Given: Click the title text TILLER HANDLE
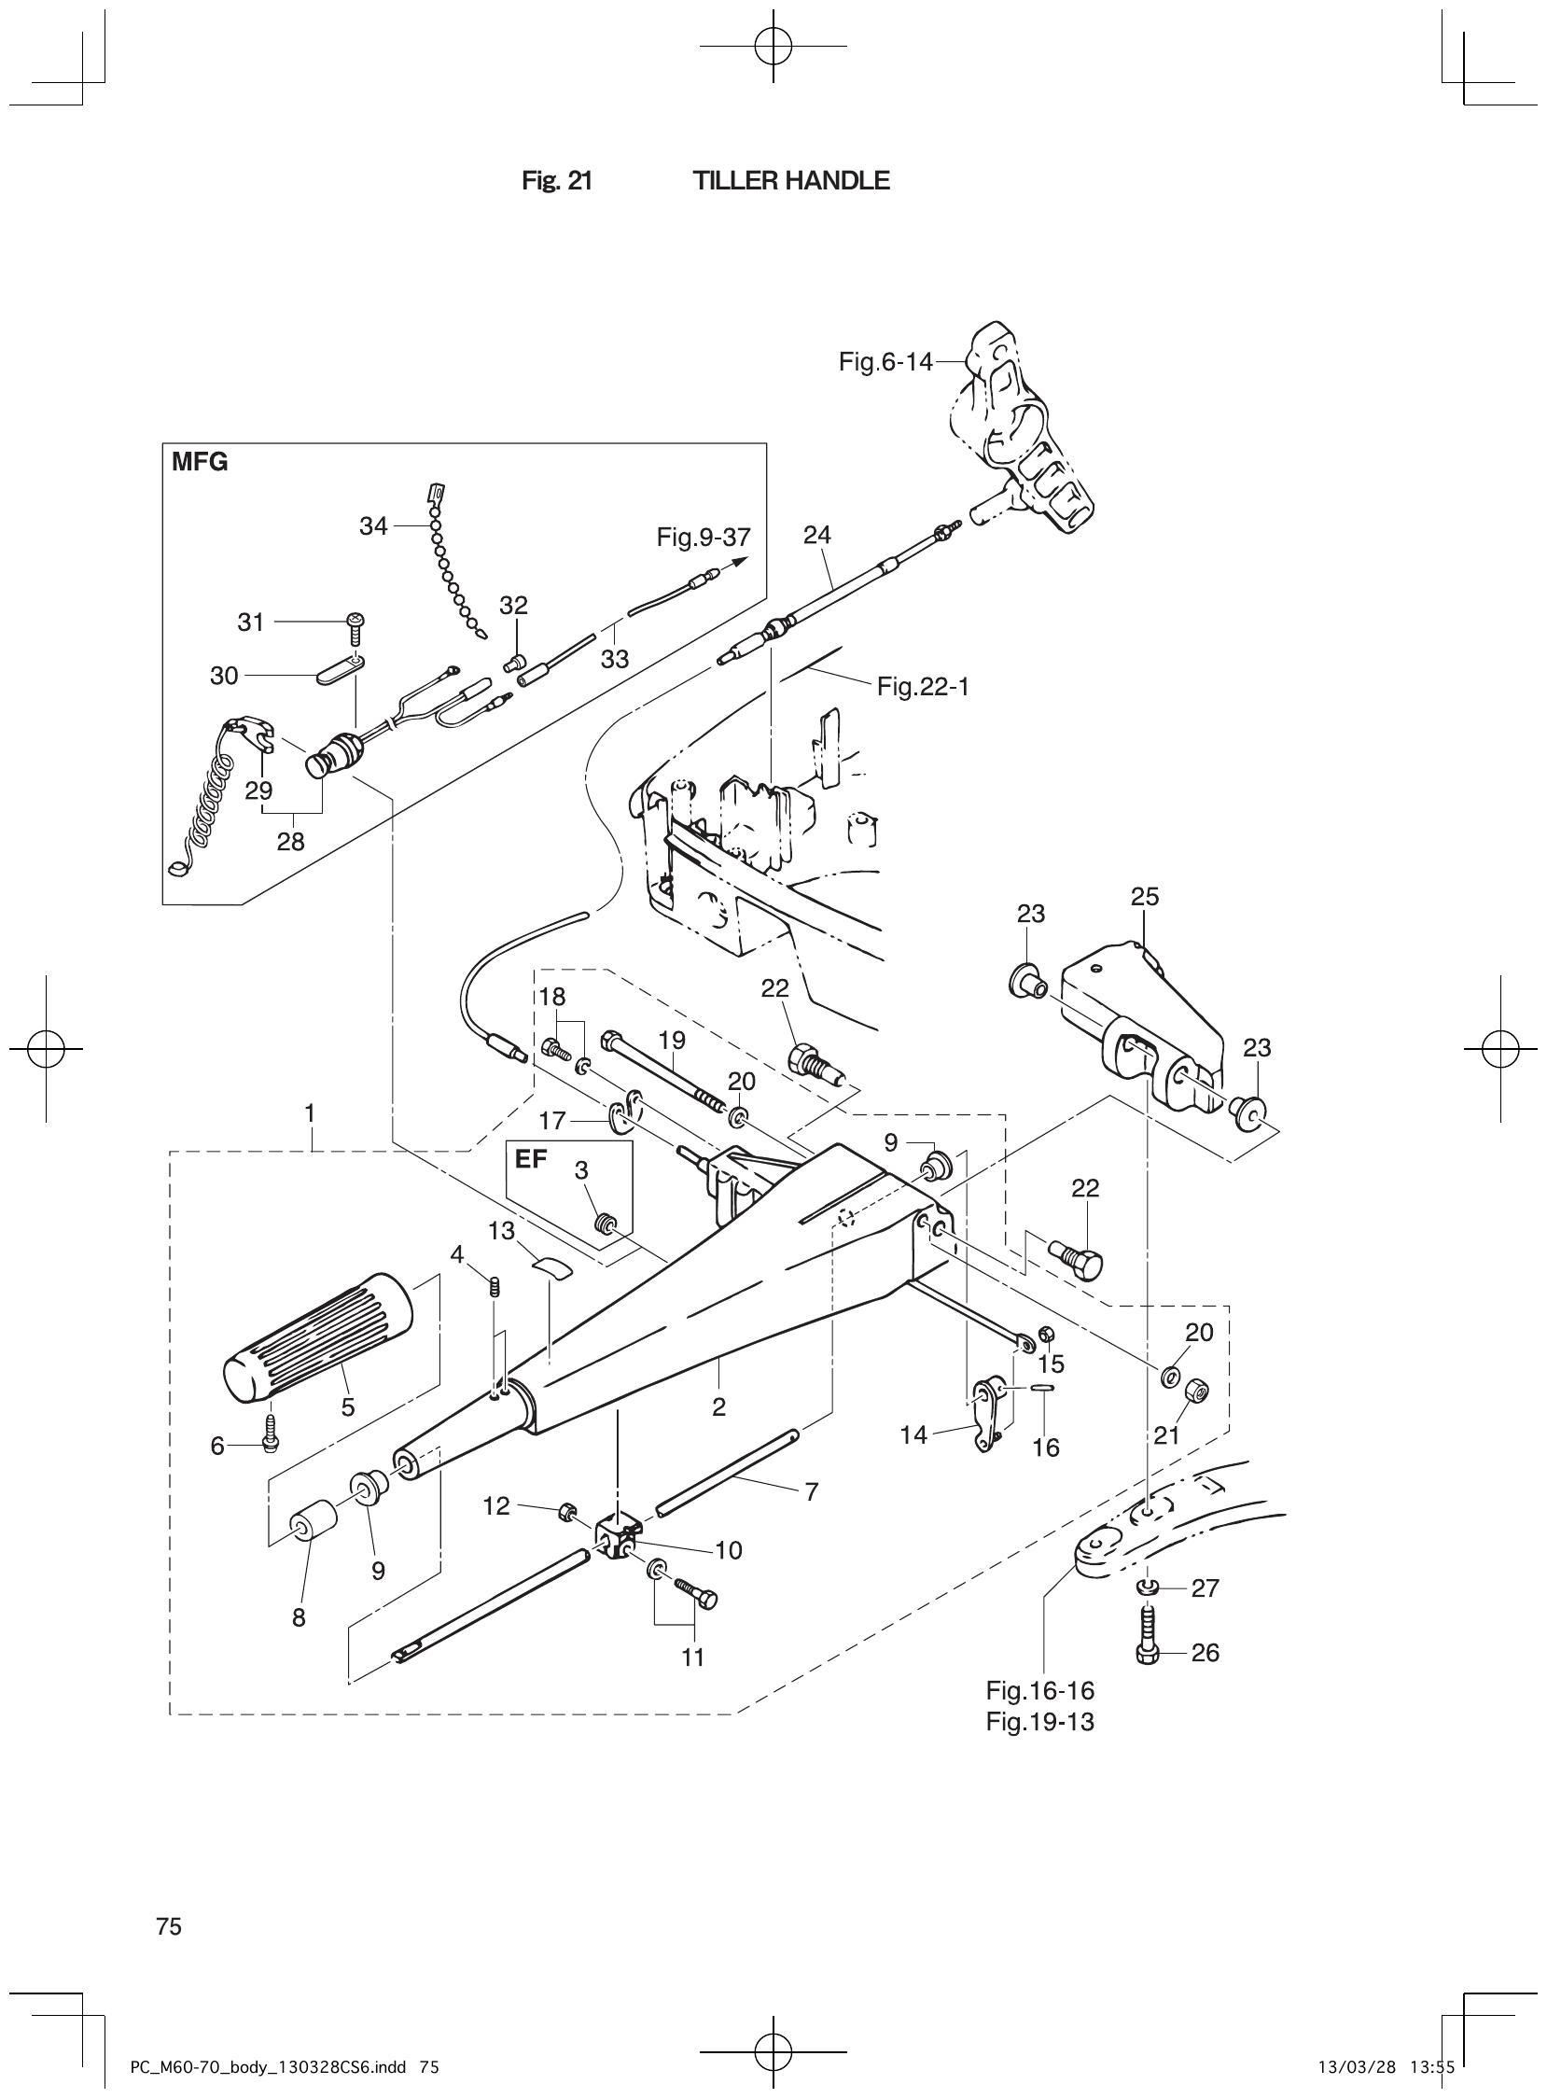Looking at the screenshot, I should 790,181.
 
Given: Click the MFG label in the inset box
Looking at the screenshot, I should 200,463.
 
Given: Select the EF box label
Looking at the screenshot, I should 531,1158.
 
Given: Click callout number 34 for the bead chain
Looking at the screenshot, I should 372,527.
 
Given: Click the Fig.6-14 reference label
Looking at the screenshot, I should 885,361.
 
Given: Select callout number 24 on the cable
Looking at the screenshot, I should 816,535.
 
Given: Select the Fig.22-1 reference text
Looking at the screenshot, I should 923,687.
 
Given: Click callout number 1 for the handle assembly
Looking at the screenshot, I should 309,1113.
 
